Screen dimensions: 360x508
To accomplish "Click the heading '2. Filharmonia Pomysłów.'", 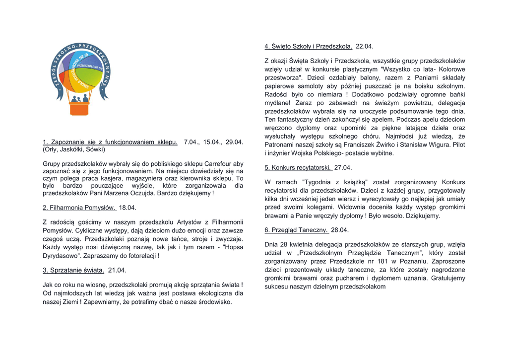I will tap(79, 208).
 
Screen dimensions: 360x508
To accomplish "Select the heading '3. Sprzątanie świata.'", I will tap(73, 270).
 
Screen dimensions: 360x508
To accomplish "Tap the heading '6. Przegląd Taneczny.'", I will tap(296, 230).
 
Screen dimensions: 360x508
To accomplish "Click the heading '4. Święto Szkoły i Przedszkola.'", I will tap(308, 46).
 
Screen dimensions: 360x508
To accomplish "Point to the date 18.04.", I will tap(127, 208).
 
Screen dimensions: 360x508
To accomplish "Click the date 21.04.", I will tap(117, 270).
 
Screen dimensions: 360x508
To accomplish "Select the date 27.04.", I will tap(343, 167).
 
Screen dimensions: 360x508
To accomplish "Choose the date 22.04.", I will tap(365, 46).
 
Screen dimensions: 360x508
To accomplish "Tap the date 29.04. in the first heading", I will tap(234, 142).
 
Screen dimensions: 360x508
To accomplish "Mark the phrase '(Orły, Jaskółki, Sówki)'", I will tap(74, 149).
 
